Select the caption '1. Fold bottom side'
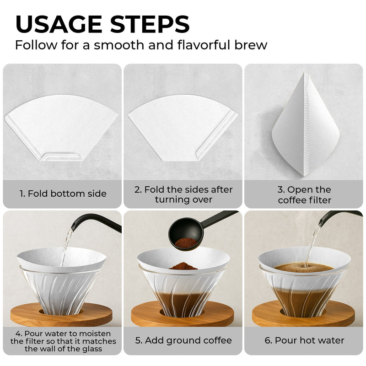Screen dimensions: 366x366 [63, 194]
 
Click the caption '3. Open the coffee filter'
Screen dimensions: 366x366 [304, 194]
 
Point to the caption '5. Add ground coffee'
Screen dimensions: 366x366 [183, 340]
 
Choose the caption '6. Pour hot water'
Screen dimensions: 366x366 [304, 340]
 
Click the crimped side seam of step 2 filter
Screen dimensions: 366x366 [217, 135]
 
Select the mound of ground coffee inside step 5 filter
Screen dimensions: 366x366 [183, 266]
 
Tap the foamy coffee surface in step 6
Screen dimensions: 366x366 [302, 268]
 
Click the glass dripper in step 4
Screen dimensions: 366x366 [61, 293]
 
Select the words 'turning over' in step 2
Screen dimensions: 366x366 [184, 199]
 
